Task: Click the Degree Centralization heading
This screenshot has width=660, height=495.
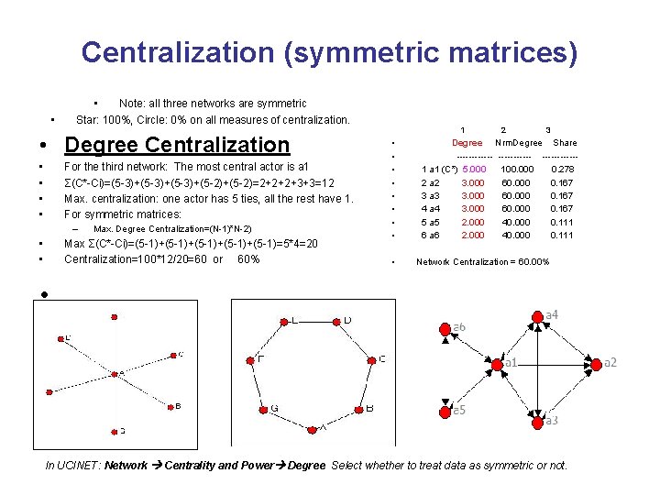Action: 177,145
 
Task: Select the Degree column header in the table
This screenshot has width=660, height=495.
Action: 467,143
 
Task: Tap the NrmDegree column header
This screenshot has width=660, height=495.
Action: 519,143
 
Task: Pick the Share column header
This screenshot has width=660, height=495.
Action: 565,143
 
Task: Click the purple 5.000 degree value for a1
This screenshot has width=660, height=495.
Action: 474,170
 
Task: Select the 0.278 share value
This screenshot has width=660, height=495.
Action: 563,170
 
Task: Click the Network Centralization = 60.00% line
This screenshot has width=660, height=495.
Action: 482,262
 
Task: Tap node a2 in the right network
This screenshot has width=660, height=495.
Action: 595,362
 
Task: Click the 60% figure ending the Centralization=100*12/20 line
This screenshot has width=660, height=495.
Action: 247,259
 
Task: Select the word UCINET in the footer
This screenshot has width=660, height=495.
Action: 76,466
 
